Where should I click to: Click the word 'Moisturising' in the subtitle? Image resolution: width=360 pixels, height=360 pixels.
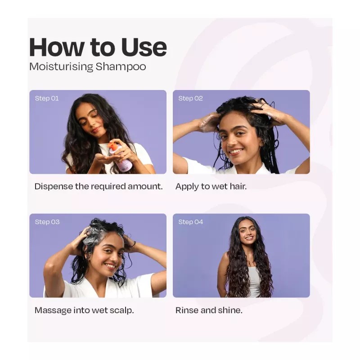(61, 67)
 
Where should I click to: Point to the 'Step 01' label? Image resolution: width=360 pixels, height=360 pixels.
(47, 98)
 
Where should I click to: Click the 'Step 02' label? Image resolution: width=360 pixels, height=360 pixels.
(190, 98)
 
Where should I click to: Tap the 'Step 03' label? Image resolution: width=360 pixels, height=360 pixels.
(47, 222)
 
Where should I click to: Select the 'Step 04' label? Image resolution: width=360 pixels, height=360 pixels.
(190, 222)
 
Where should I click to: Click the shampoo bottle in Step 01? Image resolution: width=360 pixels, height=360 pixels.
(122, 157)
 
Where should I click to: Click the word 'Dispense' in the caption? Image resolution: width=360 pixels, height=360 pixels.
(54, 186)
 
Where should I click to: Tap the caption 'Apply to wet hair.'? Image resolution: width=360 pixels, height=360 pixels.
(211, 186)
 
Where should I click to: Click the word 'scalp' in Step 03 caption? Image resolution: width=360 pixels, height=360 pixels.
(121, 310)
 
